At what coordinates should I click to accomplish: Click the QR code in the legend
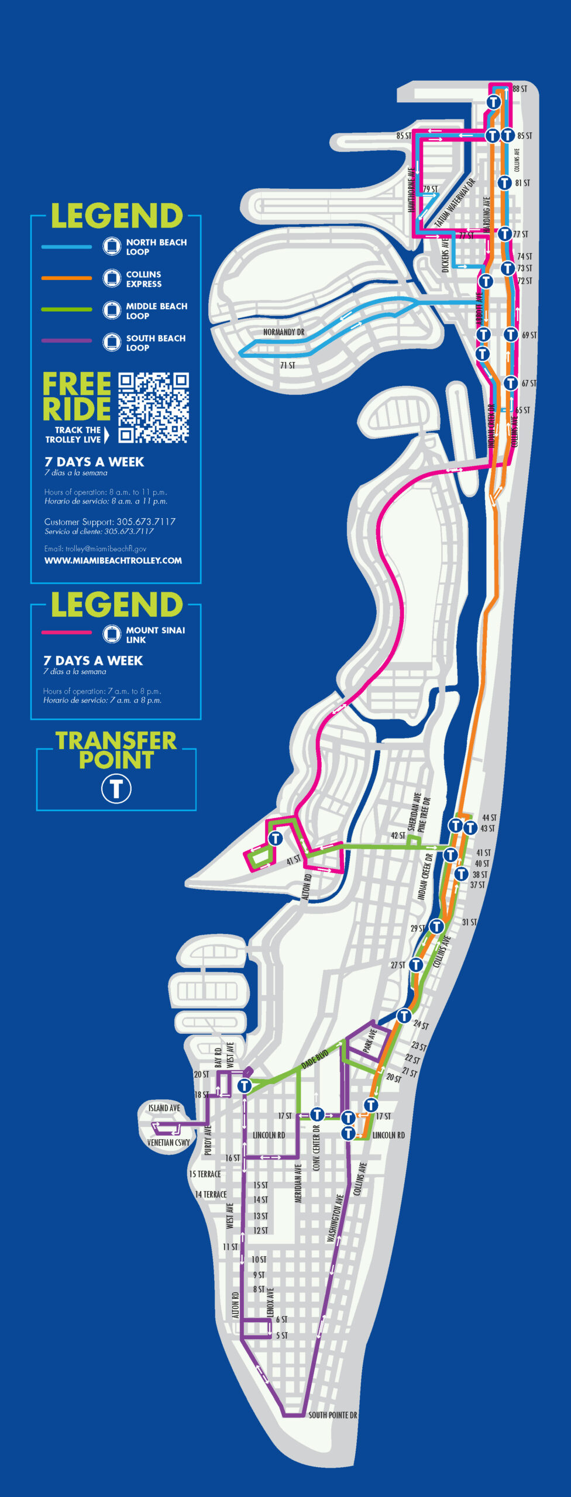[x=153, y=407]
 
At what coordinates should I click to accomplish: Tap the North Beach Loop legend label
[x=156, y=247]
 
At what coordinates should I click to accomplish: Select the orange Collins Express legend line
[x=66, y=278]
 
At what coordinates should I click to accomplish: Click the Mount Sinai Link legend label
[x=155, y=634]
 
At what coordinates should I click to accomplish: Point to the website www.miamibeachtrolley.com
[x=113, y=560]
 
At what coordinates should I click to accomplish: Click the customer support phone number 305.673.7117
[x=146, y=521]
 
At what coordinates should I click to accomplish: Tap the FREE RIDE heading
[x=77, y=397]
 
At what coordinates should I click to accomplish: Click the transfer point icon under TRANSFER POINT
[x=116, y=788]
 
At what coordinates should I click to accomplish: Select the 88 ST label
[x=520, y=89]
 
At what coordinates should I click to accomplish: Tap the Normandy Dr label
[x=284, y=332]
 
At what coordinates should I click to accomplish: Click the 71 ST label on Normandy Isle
[x=287, y=365]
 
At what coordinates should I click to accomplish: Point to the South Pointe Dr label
[x=332, y=1415]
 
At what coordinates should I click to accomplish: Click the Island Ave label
[x=164, y=1108]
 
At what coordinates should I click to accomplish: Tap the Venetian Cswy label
[x=168, y=1142]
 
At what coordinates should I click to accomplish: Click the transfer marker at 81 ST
[x=504, y=183]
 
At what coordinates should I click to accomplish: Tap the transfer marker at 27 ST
[x=415, y=964]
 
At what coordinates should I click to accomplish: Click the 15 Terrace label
[x=205, y=1174]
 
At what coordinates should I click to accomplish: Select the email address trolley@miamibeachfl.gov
[x=95, y=549]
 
